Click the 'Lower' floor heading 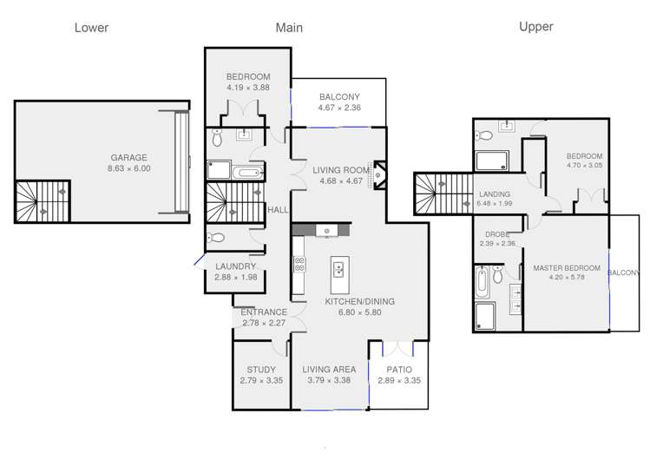tap(92, 28)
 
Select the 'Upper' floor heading tap(536, 27)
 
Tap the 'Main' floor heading tap(289, 28)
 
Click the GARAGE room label tap(129, 158)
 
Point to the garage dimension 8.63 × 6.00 tap(129, 168)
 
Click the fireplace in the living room tap(379, 175)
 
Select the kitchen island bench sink tap(338, 270)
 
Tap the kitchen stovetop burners tap(299, 265)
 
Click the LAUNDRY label tap(235, 266)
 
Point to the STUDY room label tap(261, 370)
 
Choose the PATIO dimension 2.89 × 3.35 tap(399, 380)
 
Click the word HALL tap(278, 210)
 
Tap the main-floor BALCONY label tap(339, 96)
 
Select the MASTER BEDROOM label tap(567, 268)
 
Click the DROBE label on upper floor tap(497, 234)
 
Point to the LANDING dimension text tap(495, 203)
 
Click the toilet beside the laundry tap(215, 238)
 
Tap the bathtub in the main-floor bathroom tap(246, 173)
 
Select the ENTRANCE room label tap(264, 312)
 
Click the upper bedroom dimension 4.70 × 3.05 tap(585, 165)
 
